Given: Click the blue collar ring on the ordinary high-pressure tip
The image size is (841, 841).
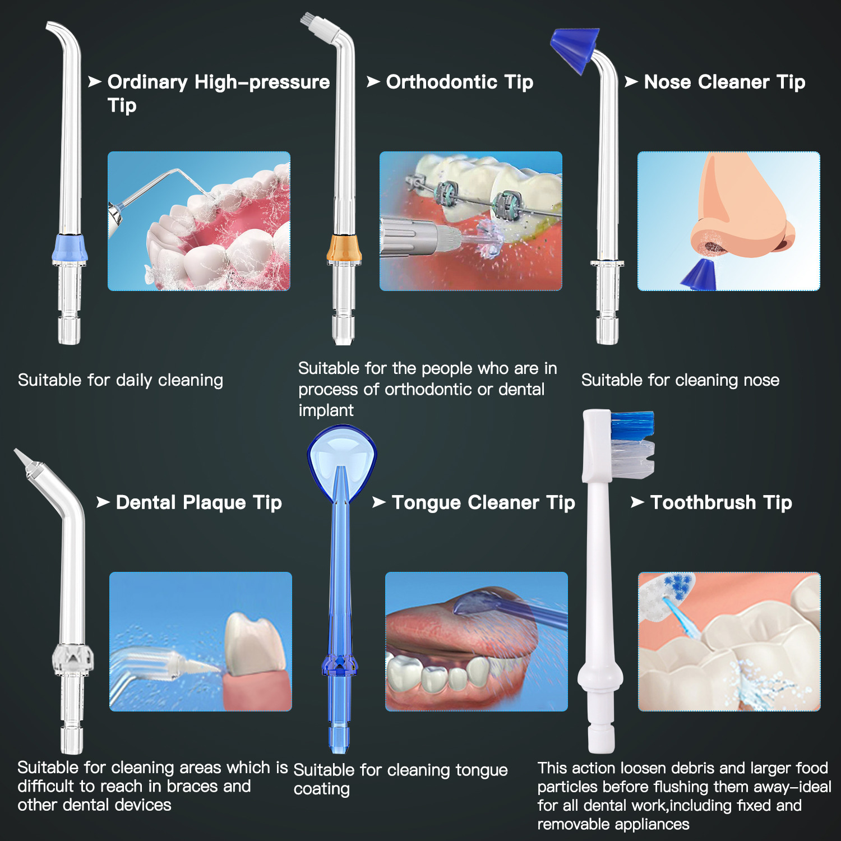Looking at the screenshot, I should pyautogui.click(x=70, y=248).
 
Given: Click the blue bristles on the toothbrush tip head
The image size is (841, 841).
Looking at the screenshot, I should pyautogui.click(x=632, y=424).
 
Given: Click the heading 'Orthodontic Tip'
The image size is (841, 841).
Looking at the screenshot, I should pyautogui.click(x=459, y=82).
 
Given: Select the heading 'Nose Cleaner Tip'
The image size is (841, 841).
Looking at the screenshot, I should pyautogui.click(x=724, y=82).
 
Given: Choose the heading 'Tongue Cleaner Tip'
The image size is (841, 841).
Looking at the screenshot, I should pyautogui.click(x=483, y=502).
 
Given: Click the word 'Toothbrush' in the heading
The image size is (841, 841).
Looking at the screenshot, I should pyautogui.click(x=703, y=502).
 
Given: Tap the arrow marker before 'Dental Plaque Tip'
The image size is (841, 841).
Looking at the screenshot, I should pyautogui.click(x=103, y=502).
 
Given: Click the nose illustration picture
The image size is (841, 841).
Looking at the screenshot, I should pyautogui.click(x=728, y=221).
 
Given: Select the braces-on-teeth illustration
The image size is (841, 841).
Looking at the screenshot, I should pyautogui.click(x=470, y=221).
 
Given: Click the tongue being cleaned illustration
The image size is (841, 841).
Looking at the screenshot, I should pyautogui.click(x=476, y=641).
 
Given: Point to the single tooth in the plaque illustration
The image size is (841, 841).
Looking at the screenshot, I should pyautogui.click(x=255, y=645).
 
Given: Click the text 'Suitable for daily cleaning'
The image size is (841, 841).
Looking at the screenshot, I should pyautogui.click(x=121, y=380).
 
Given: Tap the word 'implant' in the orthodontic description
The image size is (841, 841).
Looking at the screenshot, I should pyautogui.click(x=326, y=410).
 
